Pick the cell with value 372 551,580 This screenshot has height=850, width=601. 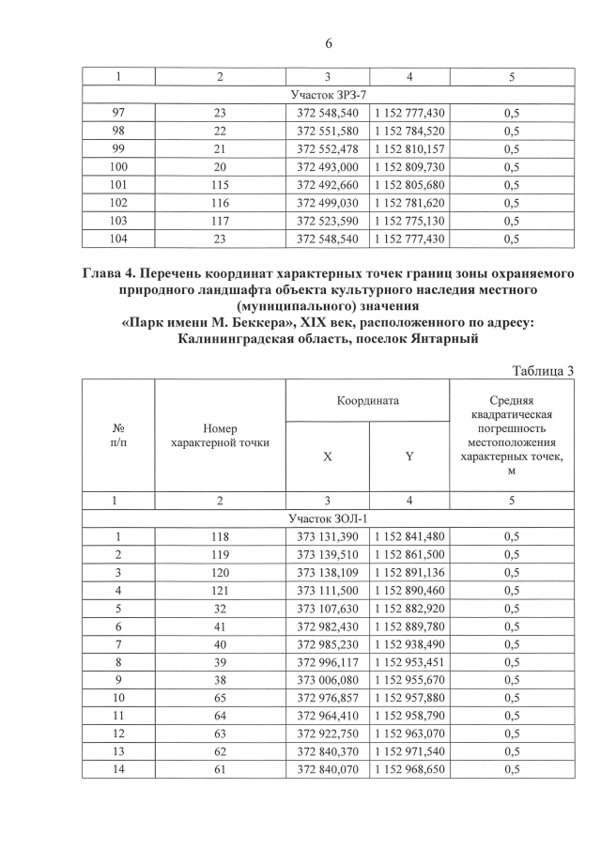pyautogui.click(x=327, y=130)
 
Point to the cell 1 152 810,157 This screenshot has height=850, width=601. pyautogui.click(x=408, y=148)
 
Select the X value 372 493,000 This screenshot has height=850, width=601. pyautogui.click(x=327, y=166)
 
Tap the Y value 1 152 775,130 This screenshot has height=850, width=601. pyautogui.click(x=408, y=221)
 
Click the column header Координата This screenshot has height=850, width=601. pyautogui.click(x=368, y=400)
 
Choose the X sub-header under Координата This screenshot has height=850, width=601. pyautogui.click(x=327, y=456)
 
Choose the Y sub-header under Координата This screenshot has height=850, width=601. pyautogui.click(x=408, y=456)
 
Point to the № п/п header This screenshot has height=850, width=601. pyautogui.click(x=119, y=434)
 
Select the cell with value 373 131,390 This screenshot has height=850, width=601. pyautogui.click(x=327, y=536)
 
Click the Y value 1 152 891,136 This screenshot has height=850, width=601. pyautogui.click(x=408, y=573)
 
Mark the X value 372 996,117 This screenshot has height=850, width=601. pyautogui.click(x=327, y=663)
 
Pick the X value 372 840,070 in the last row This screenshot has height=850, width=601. pyautogui.click(x=327, y=771)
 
